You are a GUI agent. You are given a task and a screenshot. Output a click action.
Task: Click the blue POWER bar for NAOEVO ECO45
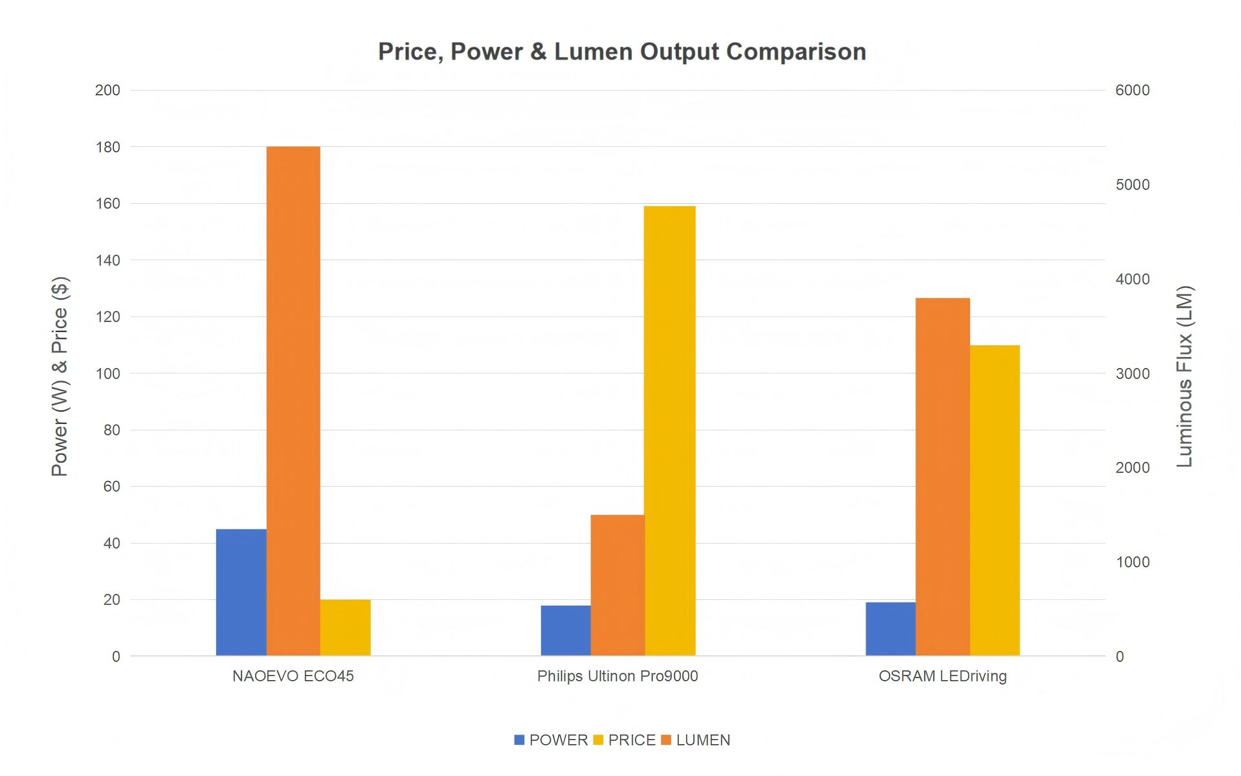pos(241,592)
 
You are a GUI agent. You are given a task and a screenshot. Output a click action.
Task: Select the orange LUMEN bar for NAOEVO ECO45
pos(293,401)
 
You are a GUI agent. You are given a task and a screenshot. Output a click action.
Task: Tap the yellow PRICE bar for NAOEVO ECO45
pos(345,627)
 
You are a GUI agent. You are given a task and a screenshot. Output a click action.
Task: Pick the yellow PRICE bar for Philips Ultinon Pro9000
pos(669,430)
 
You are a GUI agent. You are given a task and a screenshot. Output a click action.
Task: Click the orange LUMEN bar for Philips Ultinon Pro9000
pos(618,585)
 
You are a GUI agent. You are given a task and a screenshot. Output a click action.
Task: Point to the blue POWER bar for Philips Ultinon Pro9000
pos(566,630)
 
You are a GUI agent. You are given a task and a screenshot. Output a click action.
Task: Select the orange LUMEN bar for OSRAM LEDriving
pos(943,477)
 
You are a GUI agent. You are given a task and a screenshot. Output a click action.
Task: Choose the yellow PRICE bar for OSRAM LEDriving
pos(994,500)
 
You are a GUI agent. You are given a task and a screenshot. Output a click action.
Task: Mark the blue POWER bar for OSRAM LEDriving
pos(890,628)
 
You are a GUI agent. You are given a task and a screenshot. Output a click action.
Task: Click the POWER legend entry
pos(551,740)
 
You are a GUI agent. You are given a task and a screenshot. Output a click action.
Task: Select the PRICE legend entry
pos(625,740)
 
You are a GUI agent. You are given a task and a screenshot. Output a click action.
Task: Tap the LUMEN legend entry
pos(696,740)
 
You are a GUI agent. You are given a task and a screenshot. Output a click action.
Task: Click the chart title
pos(621,52)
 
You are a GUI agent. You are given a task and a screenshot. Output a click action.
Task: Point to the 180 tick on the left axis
pos(107,148)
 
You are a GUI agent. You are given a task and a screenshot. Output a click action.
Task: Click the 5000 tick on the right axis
pos(1132,185)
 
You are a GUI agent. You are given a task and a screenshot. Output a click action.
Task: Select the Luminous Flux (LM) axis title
pos(1184,376)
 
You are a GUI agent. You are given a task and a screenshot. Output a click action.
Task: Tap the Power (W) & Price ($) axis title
pos(60,376)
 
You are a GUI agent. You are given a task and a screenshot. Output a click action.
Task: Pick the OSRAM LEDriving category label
pos(943,676)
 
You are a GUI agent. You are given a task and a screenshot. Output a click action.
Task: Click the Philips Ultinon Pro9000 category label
pos(618,676)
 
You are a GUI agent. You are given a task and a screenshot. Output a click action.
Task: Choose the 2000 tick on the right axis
pos(1132,468)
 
